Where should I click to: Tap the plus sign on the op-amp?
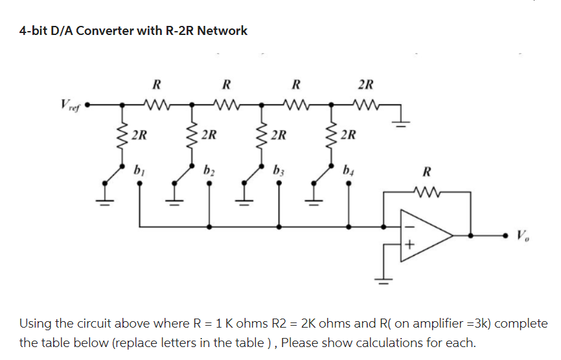(409, 246)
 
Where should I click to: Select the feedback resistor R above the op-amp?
(426, 192)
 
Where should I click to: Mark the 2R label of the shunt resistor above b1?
(138, 135)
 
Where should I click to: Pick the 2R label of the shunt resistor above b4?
(349, 135)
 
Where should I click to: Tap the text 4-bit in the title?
(32, 30)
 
